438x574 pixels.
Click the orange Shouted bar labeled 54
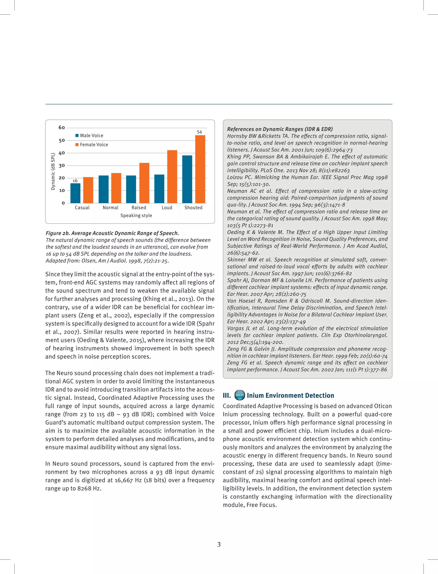click(x=200, y=169)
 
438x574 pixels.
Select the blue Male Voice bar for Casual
click(x=75, y=193)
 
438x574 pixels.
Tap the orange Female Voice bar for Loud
click(x=172, y=177)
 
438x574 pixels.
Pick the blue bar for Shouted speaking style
click(x=187, y=179)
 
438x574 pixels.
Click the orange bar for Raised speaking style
click(x=144, y=183)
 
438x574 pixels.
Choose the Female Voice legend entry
click(x=92, y=144)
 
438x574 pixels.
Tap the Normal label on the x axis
click(x=110, y=208)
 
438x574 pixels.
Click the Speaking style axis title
click(x=136, y=215)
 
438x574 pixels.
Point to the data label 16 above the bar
click(x=75, y=181)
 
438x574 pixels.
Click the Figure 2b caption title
click(x=112, y=233)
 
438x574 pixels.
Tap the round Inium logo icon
click(x=239, y=395)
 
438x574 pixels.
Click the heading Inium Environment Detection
click(x=290, y=395)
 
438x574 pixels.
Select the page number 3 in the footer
click(x=219, y=544)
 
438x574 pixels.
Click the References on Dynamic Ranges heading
click(x=280, y=129)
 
